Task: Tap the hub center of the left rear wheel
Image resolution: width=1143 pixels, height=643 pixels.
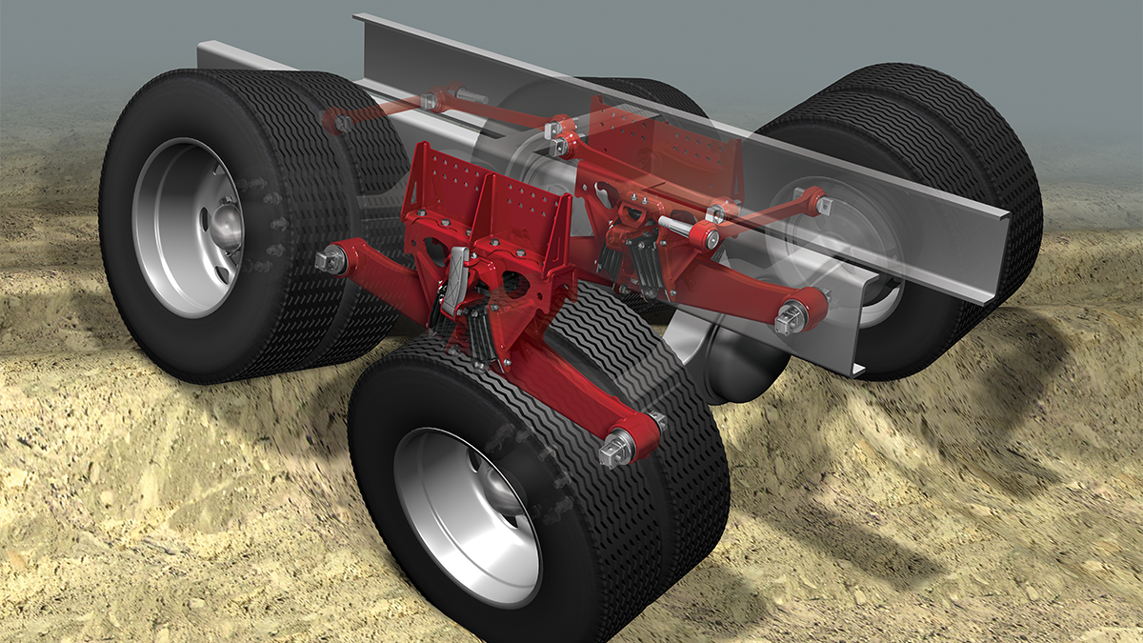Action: click(226, 227)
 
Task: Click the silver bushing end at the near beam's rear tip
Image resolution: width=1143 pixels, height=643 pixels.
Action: click(331, 259)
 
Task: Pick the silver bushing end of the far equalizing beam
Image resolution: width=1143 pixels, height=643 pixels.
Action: click(792, 317)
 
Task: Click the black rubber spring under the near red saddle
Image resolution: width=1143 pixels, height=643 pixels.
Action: click(481, 329)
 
